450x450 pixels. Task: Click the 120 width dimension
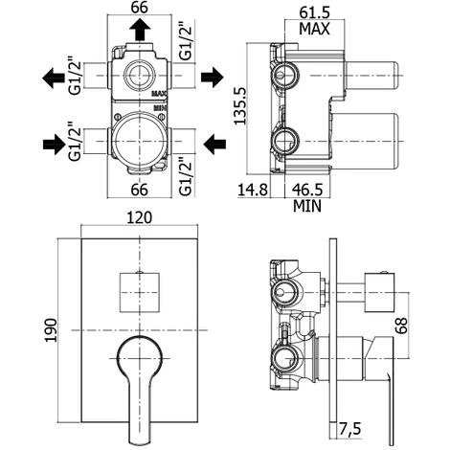(x=140, y=217)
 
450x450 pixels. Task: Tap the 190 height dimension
(x=51, y=330)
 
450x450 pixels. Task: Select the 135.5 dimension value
(x=240, y=106)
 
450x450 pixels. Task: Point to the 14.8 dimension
(x=253, y=190)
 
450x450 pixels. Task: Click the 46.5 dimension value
(x=307, y=190)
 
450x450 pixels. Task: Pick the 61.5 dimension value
(x=314, y=12)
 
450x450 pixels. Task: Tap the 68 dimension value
(x=402, y=325)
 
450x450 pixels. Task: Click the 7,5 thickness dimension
(x=349, y=429)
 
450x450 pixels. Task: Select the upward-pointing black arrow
(x=140, y=29)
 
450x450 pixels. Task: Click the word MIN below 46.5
(x=307, y=206)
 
